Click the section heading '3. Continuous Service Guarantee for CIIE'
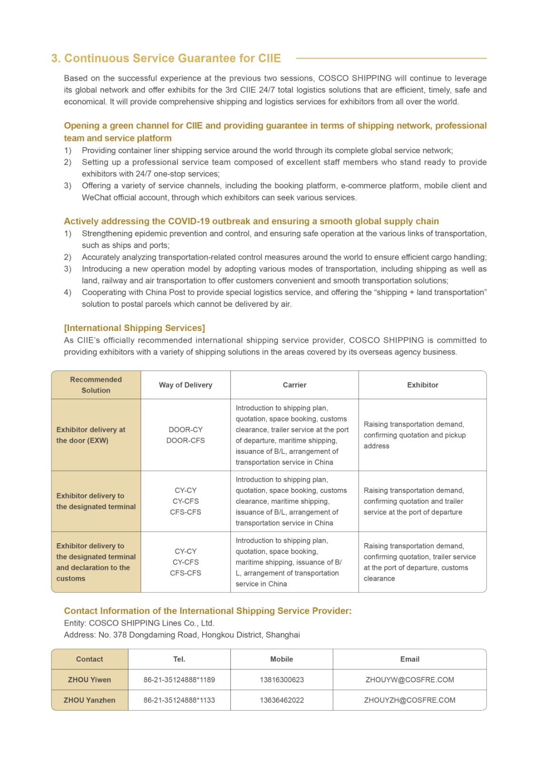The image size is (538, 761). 166,59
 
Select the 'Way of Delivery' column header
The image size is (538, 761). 186,385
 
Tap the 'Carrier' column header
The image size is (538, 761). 294,385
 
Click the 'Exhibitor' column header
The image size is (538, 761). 422,385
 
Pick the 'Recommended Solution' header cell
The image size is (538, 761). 96,385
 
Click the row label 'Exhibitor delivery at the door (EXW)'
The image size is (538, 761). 91,435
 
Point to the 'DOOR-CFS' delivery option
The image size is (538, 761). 186,440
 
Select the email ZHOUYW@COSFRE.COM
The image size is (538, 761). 410,680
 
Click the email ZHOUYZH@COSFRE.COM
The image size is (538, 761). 410,700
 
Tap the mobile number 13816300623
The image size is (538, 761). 282,680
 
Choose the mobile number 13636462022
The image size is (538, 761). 282,700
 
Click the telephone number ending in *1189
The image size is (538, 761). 179,680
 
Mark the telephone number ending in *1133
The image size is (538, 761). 179,700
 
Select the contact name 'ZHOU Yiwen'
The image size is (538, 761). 89,680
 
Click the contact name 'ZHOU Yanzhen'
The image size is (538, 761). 89,700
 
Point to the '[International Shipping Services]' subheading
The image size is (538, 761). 135,328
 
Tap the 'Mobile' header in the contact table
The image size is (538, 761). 282,659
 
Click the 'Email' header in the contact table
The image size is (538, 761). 410,659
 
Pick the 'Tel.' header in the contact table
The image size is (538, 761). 179,659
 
